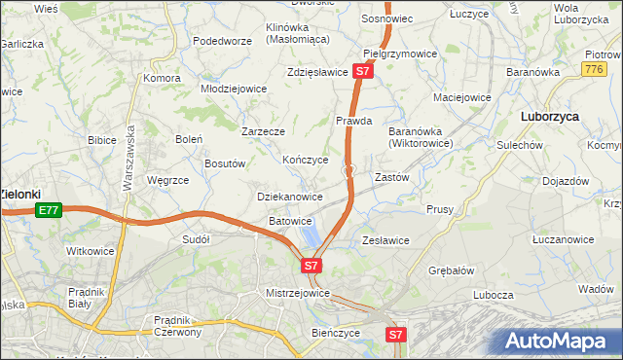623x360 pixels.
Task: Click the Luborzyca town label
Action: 550,115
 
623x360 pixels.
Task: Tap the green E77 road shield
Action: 48,209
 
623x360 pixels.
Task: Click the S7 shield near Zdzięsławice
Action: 362,71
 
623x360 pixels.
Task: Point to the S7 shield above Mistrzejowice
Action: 311,265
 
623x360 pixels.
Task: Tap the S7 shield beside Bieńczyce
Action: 394,335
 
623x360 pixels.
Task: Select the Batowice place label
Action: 290,221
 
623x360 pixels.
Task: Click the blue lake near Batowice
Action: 311,236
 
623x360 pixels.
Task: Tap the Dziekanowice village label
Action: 289,197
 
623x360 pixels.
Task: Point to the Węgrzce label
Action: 166,180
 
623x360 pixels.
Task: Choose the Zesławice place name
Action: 385,239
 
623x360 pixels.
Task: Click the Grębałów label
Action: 452,271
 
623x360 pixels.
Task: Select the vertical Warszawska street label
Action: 128,162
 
